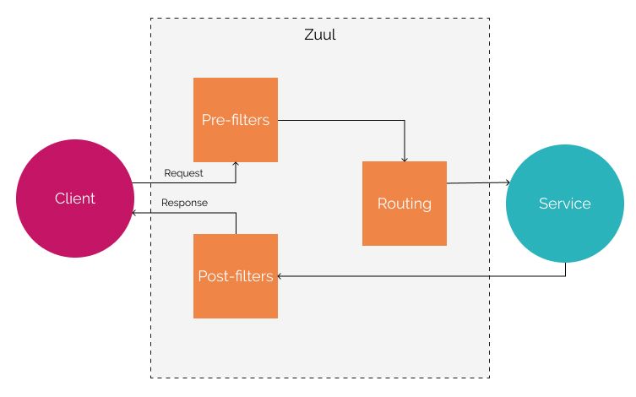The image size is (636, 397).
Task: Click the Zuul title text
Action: point(319,35)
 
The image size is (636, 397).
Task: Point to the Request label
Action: point(183,173)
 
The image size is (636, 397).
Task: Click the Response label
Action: point(184,203)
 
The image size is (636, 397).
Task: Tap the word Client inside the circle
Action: point(74,198)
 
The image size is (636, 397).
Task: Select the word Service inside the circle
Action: point(564,204)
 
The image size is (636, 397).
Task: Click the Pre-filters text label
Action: point(235,120)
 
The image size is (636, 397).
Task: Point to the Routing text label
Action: point(404,204)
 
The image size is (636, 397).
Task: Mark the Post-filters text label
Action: point(235,276)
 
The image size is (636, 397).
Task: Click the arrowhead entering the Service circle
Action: point(507,182)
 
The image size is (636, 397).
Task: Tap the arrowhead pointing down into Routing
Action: point(405,158)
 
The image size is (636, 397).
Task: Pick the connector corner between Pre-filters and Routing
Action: point(405,120)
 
